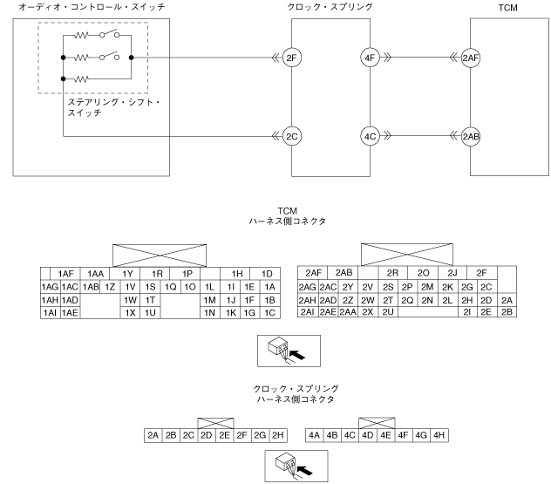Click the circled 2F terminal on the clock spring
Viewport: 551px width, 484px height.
(291, 58)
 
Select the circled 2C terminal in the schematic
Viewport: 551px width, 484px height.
(291, 136)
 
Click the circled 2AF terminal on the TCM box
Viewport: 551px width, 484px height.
(472, 58)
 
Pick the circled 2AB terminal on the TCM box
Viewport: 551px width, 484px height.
(472, 136)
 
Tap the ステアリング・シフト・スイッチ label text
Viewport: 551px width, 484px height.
(108, 108)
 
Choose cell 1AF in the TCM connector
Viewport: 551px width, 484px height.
(65, 273)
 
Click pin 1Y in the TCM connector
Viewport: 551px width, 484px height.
(127, 273)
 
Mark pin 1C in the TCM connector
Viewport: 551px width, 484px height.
(269, 312)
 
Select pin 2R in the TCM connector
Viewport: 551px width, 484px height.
(392, 273)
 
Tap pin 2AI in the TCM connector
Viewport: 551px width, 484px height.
(307, 312)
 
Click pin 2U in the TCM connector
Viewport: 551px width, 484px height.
(388, 312)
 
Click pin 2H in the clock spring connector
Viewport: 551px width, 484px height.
(278, 433)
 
